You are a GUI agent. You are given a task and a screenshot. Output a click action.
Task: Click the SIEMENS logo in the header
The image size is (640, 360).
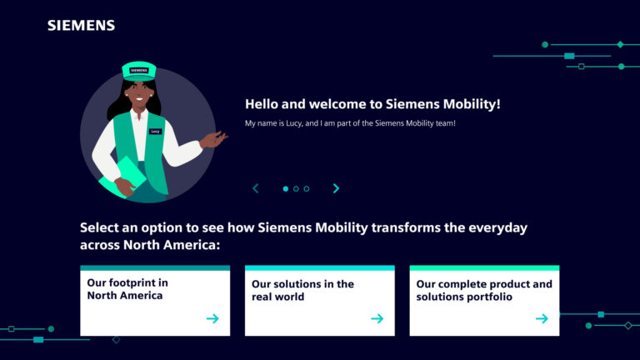[81, 25]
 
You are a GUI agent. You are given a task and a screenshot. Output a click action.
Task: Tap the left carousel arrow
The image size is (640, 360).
[256, 188]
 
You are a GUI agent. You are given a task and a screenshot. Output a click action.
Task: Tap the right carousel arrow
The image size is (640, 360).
[336, 188]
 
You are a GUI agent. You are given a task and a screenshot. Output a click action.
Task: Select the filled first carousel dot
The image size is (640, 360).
[285, 188]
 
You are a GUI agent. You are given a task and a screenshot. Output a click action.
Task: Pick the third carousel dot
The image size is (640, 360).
[307, 188]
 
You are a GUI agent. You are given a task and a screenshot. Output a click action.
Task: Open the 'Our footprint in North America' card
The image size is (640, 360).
[154, 300]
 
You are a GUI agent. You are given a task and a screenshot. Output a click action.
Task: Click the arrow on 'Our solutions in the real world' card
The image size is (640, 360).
[377, 318]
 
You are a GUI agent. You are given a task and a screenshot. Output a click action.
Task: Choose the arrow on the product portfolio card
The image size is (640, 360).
[542, 318]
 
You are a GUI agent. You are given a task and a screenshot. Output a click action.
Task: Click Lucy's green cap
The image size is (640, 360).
[139, 71]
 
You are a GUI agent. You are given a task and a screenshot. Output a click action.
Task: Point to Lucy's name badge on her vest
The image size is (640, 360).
[155, 132]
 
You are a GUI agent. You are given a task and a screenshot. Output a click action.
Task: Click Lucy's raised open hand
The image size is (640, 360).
[215, 139]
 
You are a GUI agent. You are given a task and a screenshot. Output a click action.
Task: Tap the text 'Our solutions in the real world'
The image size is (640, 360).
[302, 290]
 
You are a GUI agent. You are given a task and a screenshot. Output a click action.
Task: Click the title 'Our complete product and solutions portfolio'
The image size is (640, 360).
[483, 290]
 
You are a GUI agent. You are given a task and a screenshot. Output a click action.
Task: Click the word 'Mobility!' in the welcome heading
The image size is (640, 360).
[471, 104]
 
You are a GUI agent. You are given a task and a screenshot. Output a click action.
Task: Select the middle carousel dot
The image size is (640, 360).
[296, 188]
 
